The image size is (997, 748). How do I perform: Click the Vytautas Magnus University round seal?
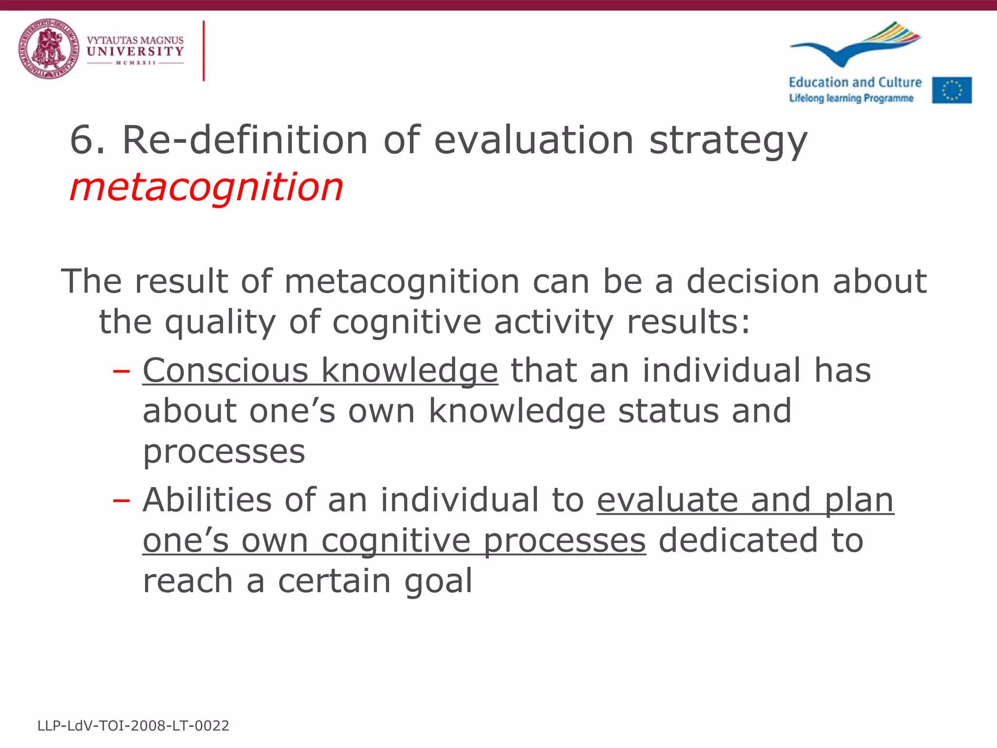click(49, 49)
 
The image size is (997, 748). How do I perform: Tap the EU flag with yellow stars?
click(952, 90)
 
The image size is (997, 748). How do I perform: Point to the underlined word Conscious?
click(225, 371)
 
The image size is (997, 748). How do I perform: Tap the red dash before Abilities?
click(121, 501)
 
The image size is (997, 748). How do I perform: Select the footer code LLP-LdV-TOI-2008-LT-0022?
click(133, 726)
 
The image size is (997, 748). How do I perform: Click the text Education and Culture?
click(855, 82)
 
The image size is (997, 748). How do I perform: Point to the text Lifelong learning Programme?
click(851, 98)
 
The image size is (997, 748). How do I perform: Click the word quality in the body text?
click(220, 322)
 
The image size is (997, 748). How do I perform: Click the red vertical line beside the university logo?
click(203, 51)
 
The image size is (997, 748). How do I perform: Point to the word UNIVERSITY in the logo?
click(135, 51)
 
